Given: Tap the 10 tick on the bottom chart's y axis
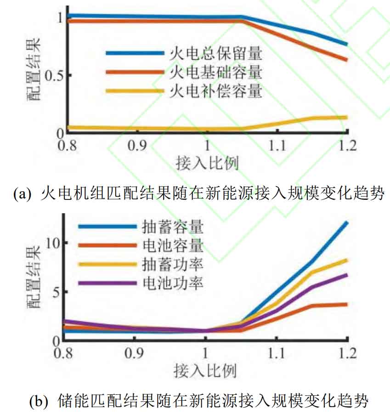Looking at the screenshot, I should tap(51, 243).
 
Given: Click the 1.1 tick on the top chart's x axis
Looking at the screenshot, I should tap(277, 146).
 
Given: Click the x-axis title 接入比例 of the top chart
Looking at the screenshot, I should tap(207, 163).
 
